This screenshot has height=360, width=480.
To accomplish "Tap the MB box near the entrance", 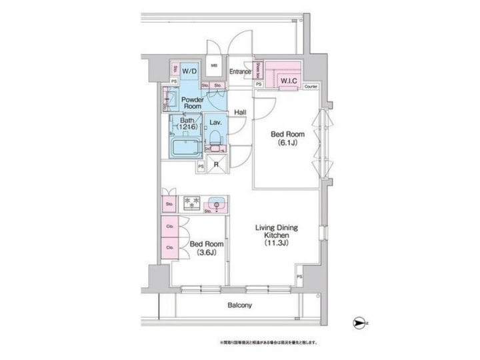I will [x=214, y=66].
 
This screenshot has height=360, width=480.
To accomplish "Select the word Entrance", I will [x=239, y=71].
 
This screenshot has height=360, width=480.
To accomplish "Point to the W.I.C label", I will [x=288, y=81].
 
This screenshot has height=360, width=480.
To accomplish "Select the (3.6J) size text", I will [x=205, y=253].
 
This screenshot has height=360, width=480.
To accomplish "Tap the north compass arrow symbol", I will [x=359, y=323].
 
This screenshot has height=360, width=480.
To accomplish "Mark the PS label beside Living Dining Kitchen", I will [x=299, y=275].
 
